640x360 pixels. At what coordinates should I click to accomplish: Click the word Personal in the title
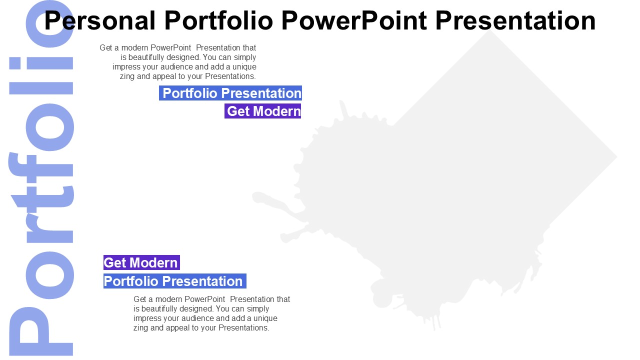click(x=99, y=20)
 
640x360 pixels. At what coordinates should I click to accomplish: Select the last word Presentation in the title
click(x=515, y=20)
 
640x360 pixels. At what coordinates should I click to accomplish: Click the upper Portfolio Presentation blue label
click(x=230, y=93)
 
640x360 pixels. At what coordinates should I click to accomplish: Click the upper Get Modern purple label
click(x=263, y=111)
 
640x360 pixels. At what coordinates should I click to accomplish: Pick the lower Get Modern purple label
click(x=141, y=262)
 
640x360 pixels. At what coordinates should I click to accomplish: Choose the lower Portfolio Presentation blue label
click(x=175, y=281)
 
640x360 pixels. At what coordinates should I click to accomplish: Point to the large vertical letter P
click(x=41, y=331)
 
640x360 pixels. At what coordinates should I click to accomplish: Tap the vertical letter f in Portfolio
click(x=41, y=168)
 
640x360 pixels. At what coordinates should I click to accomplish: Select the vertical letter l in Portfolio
click(x=41, y=88)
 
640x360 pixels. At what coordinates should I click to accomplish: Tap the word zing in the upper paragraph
click(x=127, y=76)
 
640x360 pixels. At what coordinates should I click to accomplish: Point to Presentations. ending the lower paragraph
click(x=243, y=327)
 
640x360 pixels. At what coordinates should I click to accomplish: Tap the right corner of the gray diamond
click(x=616, y=156)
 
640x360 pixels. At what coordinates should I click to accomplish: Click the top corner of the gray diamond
click(x=489, y=30)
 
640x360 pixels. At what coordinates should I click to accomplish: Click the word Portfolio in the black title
click(x=218, y=20)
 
